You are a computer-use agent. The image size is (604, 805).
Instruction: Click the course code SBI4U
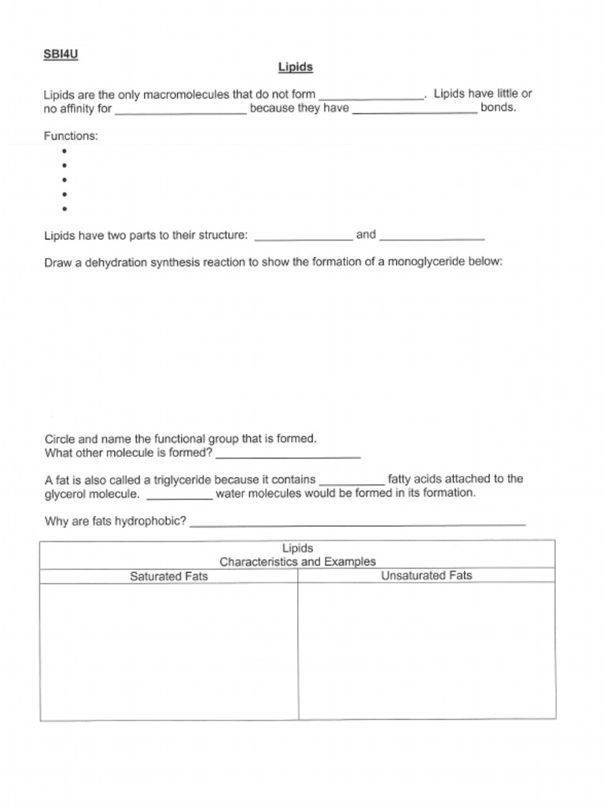[x=61, y=54]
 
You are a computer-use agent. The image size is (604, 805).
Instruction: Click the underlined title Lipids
[x=296, y=68]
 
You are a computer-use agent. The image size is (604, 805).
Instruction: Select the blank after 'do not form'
[x=371, y=96]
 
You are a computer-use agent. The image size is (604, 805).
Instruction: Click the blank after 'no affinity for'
[x=181, y=111]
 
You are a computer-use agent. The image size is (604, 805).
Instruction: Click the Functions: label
[x=71, y=136]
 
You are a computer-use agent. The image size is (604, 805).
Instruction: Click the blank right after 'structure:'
[x=304, y=237]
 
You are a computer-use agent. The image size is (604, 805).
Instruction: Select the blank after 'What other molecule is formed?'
[x=288, y=454]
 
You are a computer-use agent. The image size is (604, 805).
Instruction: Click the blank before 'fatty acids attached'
[x=352, y=480]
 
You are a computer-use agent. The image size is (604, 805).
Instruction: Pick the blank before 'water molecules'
[x=179, y=495]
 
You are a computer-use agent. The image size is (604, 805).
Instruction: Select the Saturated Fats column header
[x=168, y=576]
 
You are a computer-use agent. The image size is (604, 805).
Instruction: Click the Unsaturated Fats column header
[x=426, y=575]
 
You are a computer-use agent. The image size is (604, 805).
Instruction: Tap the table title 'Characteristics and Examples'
[x=297, y=562]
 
